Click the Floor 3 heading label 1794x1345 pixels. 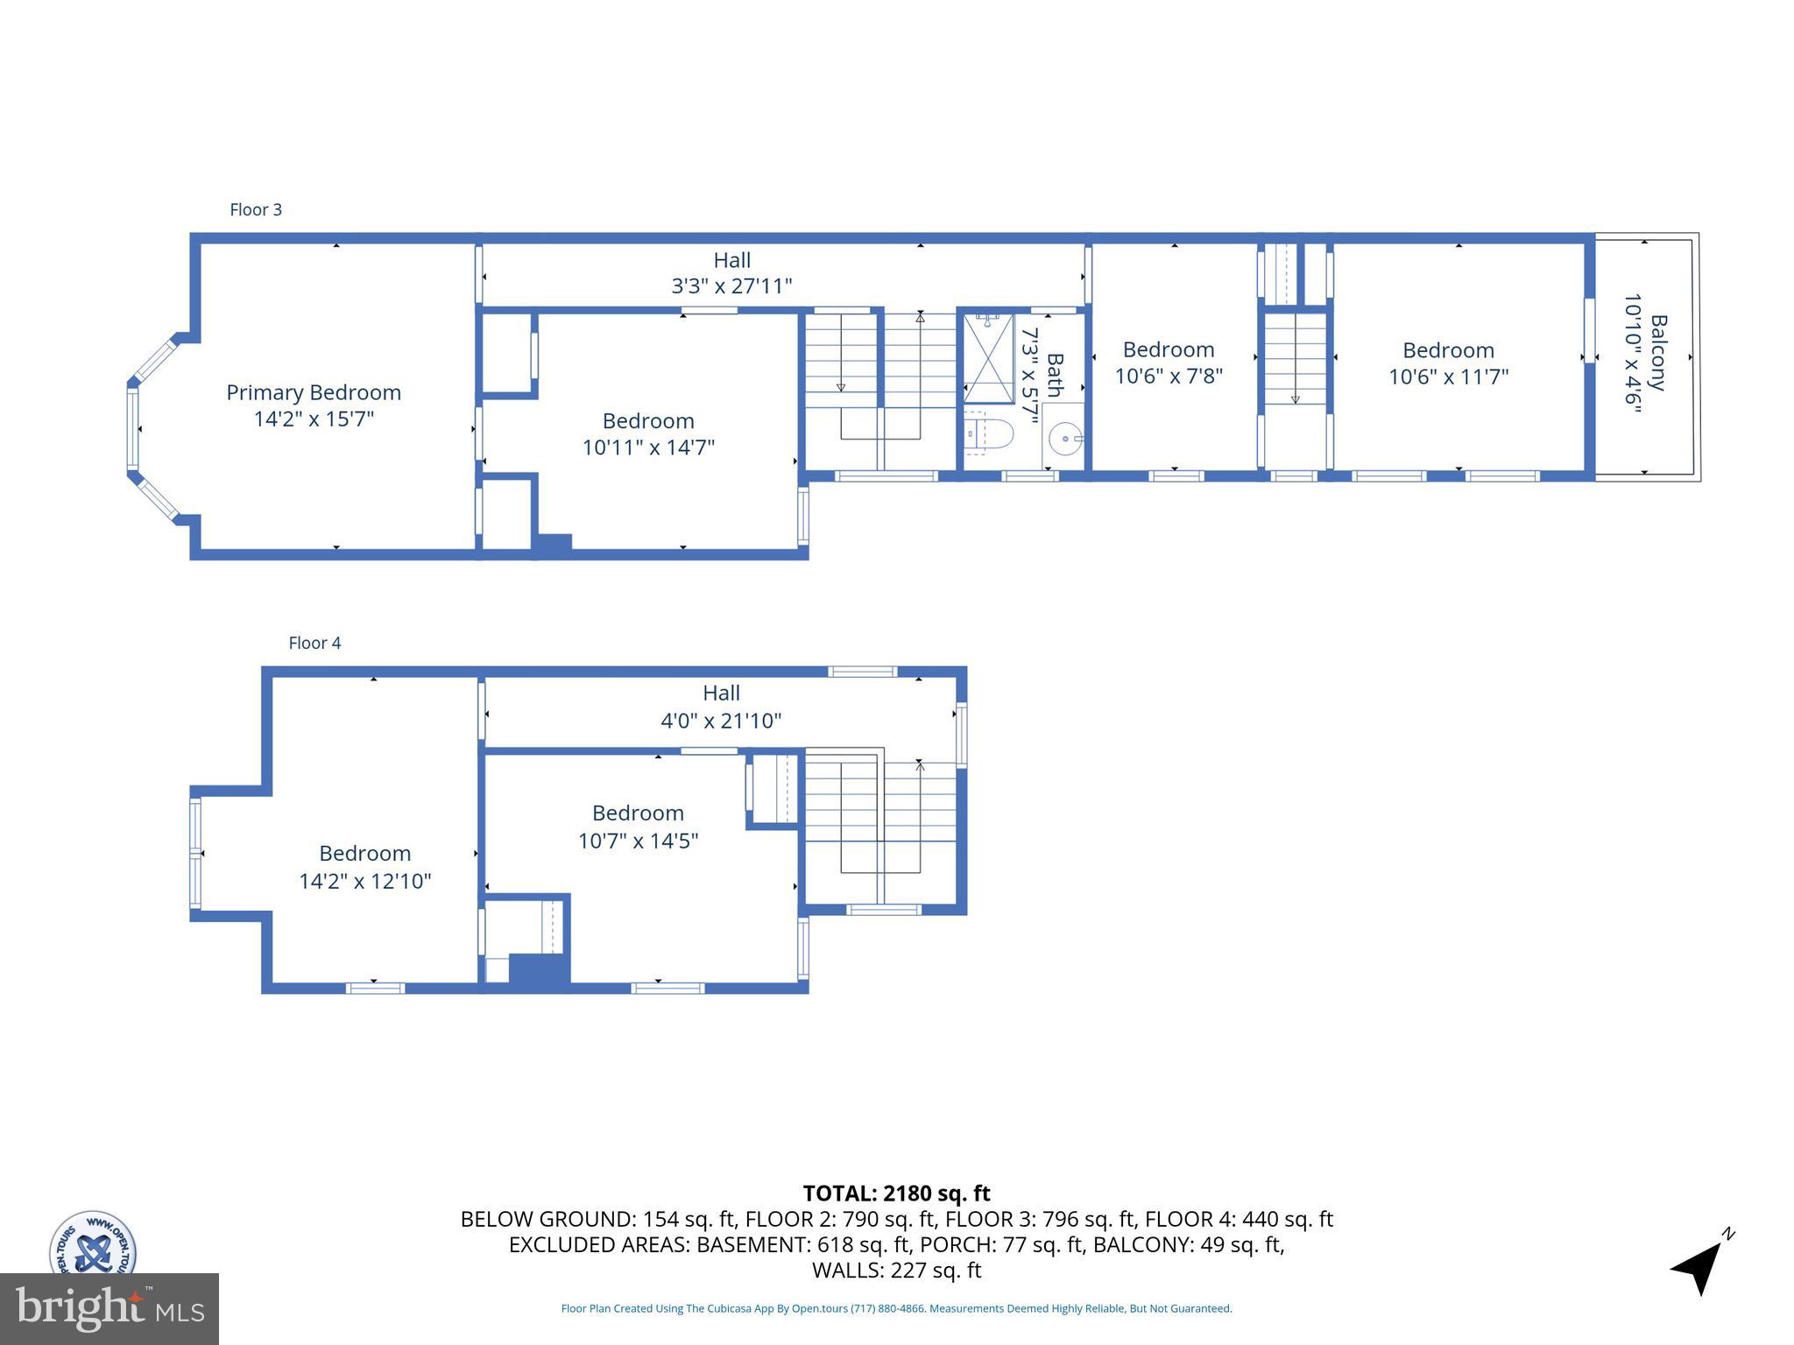[x=256, y=209]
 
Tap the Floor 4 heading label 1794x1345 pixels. [x=314, y=643]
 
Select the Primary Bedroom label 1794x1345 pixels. [x=314, y=392]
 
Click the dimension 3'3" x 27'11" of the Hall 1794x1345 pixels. [x=731, y=285]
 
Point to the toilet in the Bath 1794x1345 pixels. [x=992, y=433]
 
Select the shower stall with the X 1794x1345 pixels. [x=988, y=357]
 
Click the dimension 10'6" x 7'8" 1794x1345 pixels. [x=1168, y=376]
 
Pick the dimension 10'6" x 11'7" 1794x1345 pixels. [x=1448, y=377]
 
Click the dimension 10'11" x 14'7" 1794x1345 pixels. [x=648, y=447]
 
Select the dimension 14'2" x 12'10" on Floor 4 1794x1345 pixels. [x=365, y=881]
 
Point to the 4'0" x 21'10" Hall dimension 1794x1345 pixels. [x=720, y=721]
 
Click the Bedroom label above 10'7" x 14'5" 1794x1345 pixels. [x=638, y=813]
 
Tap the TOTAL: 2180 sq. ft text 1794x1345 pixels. [x=896, y=1194]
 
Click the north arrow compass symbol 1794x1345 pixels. [x=1699, y=1266]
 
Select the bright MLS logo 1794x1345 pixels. [x=109, y=1308]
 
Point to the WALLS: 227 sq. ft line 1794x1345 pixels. [x=896, y=1271]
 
